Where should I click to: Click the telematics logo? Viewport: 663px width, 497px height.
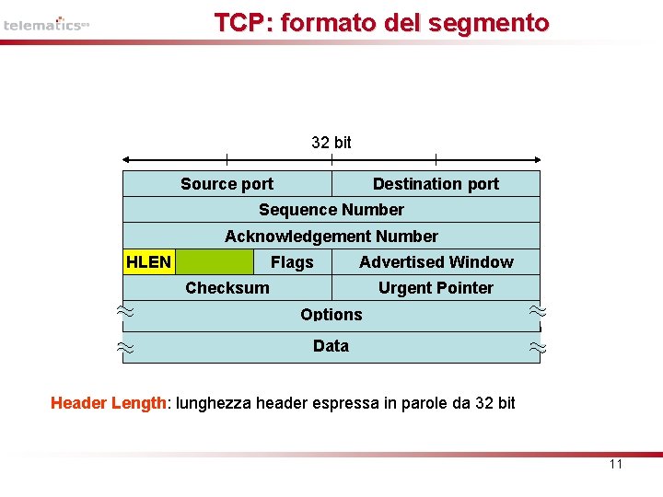(46, 25)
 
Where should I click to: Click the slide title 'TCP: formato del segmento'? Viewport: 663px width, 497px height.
(381, 23)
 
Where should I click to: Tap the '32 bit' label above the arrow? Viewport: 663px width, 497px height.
(331, 143)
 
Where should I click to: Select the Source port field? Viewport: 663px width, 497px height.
(227, 184)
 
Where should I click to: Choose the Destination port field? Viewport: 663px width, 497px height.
(436, 184)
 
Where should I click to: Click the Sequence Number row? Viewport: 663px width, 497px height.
(331, 210)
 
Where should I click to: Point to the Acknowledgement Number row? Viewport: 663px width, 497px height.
(331, 237)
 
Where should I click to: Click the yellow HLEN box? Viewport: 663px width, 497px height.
(148, 262)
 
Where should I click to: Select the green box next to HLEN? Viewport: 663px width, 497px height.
(214, 262)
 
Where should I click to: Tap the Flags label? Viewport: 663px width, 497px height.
(292, 263)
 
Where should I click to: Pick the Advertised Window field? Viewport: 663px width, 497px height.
(436, 262)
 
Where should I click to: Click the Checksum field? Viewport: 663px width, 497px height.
(227, 288)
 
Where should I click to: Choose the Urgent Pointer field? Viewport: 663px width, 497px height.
(436, 288)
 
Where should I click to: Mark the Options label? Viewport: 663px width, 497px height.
(331, 315)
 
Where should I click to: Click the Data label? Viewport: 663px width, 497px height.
(331, 346)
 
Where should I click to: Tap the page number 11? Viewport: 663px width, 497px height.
(616, 464)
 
